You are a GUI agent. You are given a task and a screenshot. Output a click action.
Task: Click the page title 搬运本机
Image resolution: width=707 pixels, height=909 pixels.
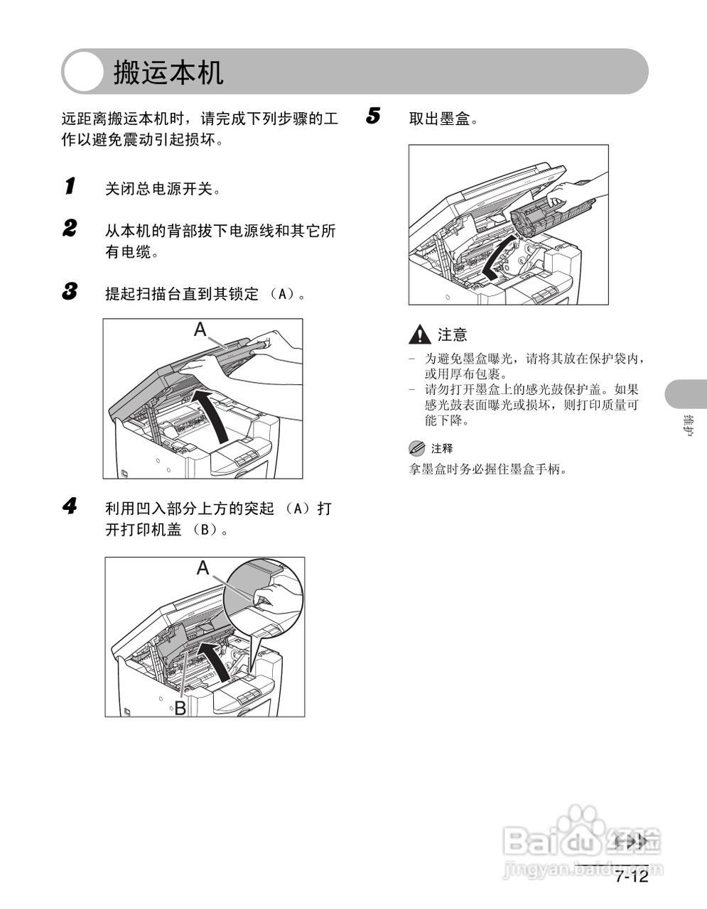point(168,72)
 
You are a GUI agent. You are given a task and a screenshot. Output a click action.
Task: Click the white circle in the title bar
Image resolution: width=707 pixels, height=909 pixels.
point(85,72)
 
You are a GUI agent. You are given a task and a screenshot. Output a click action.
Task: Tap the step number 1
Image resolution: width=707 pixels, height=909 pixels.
point(70,187)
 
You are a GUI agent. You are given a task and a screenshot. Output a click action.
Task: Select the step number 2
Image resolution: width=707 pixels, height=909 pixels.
point(70,229)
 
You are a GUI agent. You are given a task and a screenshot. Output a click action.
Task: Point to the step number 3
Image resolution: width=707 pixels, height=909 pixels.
point(70,291)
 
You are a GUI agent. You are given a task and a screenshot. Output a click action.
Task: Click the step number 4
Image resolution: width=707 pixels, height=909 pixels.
point(70,506)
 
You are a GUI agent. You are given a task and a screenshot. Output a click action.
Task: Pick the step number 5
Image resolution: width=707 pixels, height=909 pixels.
point(374,116)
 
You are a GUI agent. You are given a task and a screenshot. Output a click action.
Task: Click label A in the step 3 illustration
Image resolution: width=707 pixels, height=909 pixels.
point(200,330)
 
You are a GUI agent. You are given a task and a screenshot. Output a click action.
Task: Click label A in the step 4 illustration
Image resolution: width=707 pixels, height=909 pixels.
point(203,568)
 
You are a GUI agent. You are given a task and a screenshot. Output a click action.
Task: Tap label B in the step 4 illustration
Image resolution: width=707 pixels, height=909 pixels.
point(180,707)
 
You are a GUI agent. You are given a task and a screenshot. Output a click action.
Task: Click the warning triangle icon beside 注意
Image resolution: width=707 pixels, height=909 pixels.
point(421,334)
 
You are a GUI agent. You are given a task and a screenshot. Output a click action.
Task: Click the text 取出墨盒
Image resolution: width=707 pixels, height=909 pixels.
point(443,119)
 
